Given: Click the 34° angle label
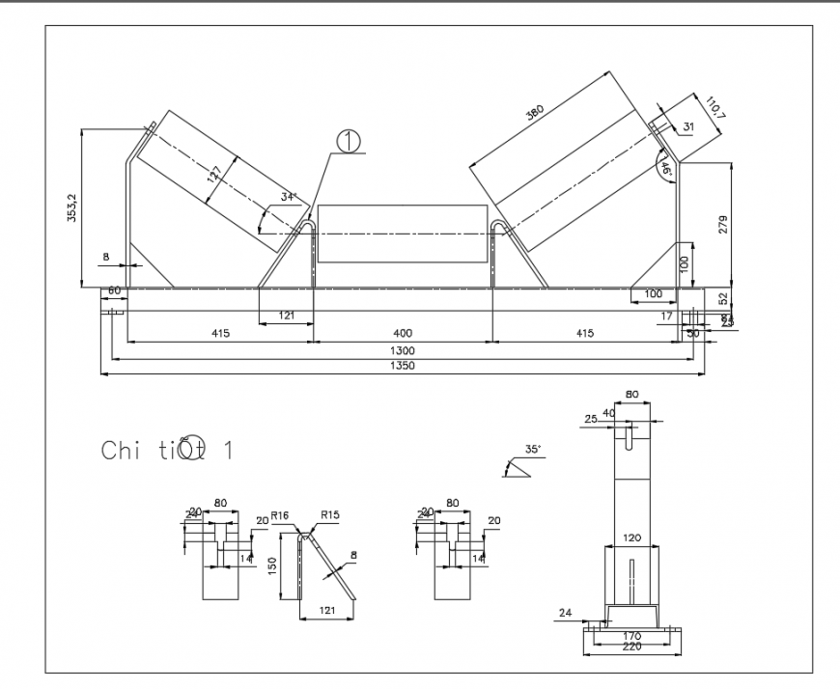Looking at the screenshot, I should click(x=287, y=197).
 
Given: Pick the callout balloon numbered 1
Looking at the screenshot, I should click(x=348, y=141).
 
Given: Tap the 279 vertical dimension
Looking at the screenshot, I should click(x=723, y=224).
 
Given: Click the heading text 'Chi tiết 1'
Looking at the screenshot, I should click(x=166, y=450).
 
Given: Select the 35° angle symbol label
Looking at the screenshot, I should click(x=533, y=449).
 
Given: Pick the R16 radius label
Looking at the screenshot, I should click(x=280, y=516).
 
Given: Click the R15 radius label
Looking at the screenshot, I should click(x=330, y=516).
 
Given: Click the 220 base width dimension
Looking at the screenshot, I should click(x=631, y=648).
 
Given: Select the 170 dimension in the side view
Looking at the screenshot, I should click(x=631, y=635).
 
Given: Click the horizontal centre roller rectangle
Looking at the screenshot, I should click(x=402, y=234).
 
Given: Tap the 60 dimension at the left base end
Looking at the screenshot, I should click(x=113, y=290).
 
